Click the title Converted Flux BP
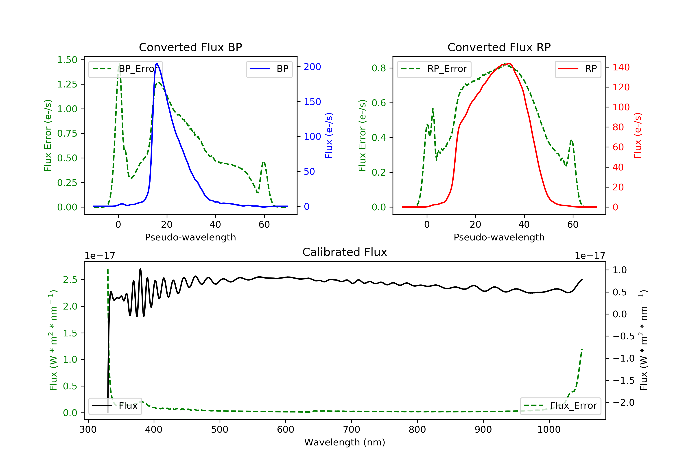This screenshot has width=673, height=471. (x=190, y=47)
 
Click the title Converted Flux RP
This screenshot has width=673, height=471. (x=499, y=47)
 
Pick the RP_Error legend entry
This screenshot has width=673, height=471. (x=434, y=69)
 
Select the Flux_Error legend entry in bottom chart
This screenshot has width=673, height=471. (x=560, y=406)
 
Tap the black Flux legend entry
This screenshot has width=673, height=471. (x=115, y=406)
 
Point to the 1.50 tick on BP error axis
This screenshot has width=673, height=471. (x=67, y=60)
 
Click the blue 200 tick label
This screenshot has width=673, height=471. (x=312, y=67)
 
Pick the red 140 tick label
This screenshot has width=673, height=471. (x=621, y=68)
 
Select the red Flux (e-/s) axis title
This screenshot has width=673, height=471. (x=638, y=136)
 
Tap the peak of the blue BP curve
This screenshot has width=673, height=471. (x=157, y=64)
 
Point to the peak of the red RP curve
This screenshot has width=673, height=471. (x=509, y=64)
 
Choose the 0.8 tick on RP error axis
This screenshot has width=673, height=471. (x=378, y=68)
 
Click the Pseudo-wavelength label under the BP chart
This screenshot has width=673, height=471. (x=190, y=237)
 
